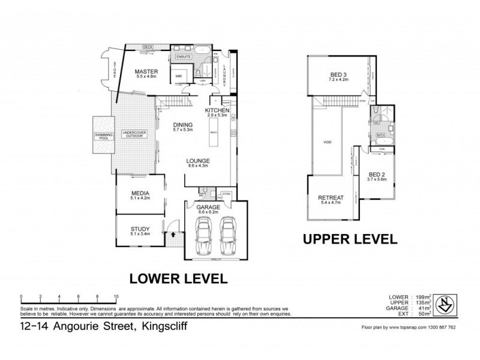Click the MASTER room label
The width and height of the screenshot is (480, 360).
(x=146, y=71)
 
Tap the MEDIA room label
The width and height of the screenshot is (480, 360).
(x=140, y=193)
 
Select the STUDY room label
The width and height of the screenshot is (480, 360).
(x=139, y=229)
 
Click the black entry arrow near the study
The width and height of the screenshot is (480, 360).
(x=173, y=235)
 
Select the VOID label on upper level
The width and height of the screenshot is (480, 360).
(x=328, y=142)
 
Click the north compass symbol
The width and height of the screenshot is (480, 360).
(x=445, y=302)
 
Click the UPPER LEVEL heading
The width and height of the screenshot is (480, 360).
(x=350, y=239)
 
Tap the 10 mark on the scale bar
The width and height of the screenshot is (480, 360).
(x=116, y=296)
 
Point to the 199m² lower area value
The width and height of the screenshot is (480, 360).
(x=423, y=297)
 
